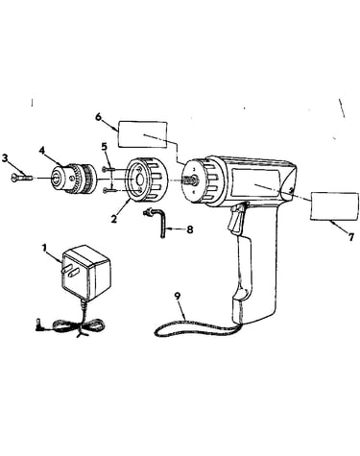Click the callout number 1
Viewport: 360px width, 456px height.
pyautogui.click(x=44, y=248)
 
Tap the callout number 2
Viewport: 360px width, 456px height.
pyautogui.click(x=113, y=219)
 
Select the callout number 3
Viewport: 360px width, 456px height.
pyautogui.click(x=5, y=158)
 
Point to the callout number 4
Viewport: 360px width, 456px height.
pyautogui.click(x=42, y=150)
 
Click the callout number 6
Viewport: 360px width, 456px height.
pyautogui.click(x=98, y=117)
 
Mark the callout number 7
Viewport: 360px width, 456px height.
pyautogui.click(x=351, y=237)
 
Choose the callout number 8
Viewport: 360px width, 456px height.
pyautogui.click(x=190, y=229)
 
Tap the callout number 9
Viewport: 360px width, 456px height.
pyautogui.click(x=178, y=296)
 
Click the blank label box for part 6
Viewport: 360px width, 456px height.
pyautogui.click(x=143, y=134)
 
